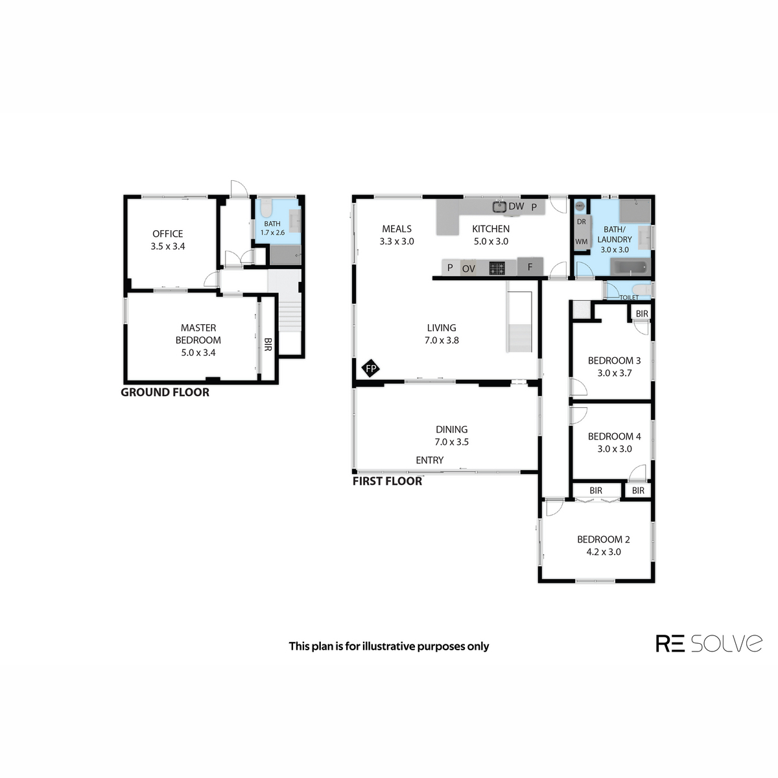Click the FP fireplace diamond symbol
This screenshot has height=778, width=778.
pyautogui.click(x=371, y=368)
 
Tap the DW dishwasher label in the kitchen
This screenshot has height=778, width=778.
pyautogui.click(x=516, y=206)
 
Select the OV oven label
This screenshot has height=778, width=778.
pyautogui.click(x=468, y=269)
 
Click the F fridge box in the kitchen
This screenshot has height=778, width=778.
pyautogui.click(x=530, y=266)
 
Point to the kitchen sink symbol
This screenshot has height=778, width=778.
pyautogui.click(x=499, y=207)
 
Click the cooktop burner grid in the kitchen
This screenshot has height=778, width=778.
pyautogui.click(x=497, y=268)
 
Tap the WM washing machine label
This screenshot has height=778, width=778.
pyautogui.click(x=582, y=242)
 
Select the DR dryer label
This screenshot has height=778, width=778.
pyautogui.click(x=582, y=222)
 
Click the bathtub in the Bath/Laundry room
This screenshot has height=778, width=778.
pyautogui.click(x=630, y=267)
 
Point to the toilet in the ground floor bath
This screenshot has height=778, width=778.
pyautogui.click(x=266, y=208)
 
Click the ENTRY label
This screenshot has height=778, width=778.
pyautogui.click(x=430, y=460)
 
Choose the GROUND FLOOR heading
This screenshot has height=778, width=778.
pyautogui.click(x=165, y=392)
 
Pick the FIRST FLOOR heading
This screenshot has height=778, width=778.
pyautogui.click(x=387, y=481)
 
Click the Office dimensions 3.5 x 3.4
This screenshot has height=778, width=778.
pyautogui.click(x=168, y=246)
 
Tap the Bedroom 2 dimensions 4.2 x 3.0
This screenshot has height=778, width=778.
pyautogui.click(x=604, y=552)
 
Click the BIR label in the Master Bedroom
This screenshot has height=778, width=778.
pyautogui.click(x=268, y=344)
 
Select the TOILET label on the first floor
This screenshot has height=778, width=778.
pyautogui.click(x=629, y=298)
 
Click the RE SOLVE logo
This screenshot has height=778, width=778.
pyautogui.click(x=709, y=643)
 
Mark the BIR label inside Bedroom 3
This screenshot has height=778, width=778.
pyautogui.click(x=642, y=314)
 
